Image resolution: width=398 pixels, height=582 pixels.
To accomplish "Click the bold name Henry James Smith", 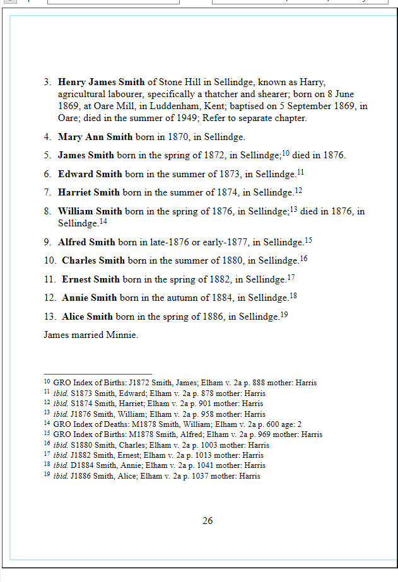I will tap(102, 82).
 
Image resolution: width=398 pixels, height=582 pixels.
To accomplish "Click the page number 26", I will tap(208, 520).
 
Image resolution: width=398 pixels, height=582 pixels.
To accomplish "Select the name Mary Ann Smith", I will tap(95, 137).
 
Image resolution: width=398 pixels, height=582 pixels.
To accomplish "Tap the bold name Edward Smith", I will tap(90, 174).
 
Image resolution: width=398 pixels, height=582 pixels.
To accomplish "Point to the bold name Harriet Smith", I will tap(89, 192).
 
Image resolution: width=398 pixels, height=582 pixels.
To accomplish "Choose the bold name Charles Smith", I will tap(93, 260).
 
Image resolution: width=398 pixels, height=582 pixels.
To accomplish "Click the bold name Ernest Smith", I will tap(91, 279).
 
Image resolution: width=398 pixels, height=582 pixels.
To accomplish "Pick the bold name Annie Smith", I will tap(90, 298).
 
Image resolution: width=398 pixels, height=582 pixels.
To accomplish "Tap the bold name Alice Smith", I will tap(88, 317).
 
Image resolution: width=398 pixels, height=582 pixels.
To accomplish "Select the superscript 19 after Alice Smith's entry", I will tap(284, 314).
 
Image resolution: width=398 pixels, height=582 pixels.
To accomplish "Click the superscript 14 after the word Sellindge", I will tap(103, 221).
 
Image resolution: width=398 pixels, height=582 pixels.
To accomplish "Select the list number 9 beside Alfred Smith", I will tap(47, 242).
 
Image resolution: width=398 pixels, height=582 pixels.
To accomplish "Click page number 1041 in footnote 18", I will tap(201, 465).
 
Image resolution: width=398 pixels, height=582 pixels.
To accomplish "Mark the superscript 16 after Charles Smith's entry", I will tap(303, 258).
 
